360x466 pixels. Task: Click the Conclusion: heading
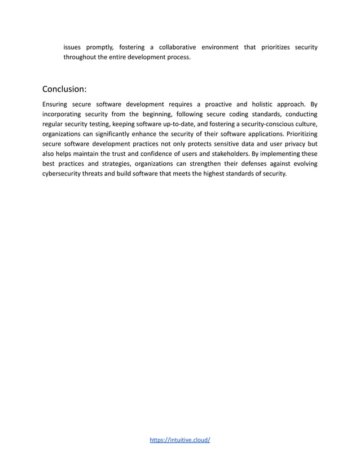(x=64, y=89)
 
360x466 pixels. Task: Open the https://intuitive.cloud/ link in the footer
(x=180, y=440)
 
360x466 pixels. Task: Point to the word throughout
(x=80, y=58)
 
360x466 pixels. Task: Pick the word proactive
(x=217, y=104)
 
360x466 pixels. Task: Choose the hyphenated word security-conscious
(x=258, y=124)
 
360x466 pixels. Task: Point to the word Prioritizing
(x=302, y=134)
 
